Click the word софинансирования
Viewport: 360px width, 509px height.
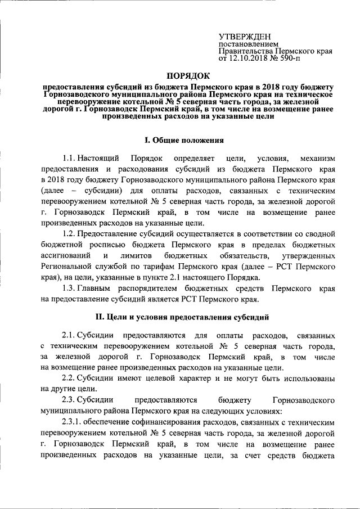tap(170, 421)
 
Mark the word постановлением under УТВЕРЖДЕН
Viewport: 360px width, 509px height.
tap(248, 43)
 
